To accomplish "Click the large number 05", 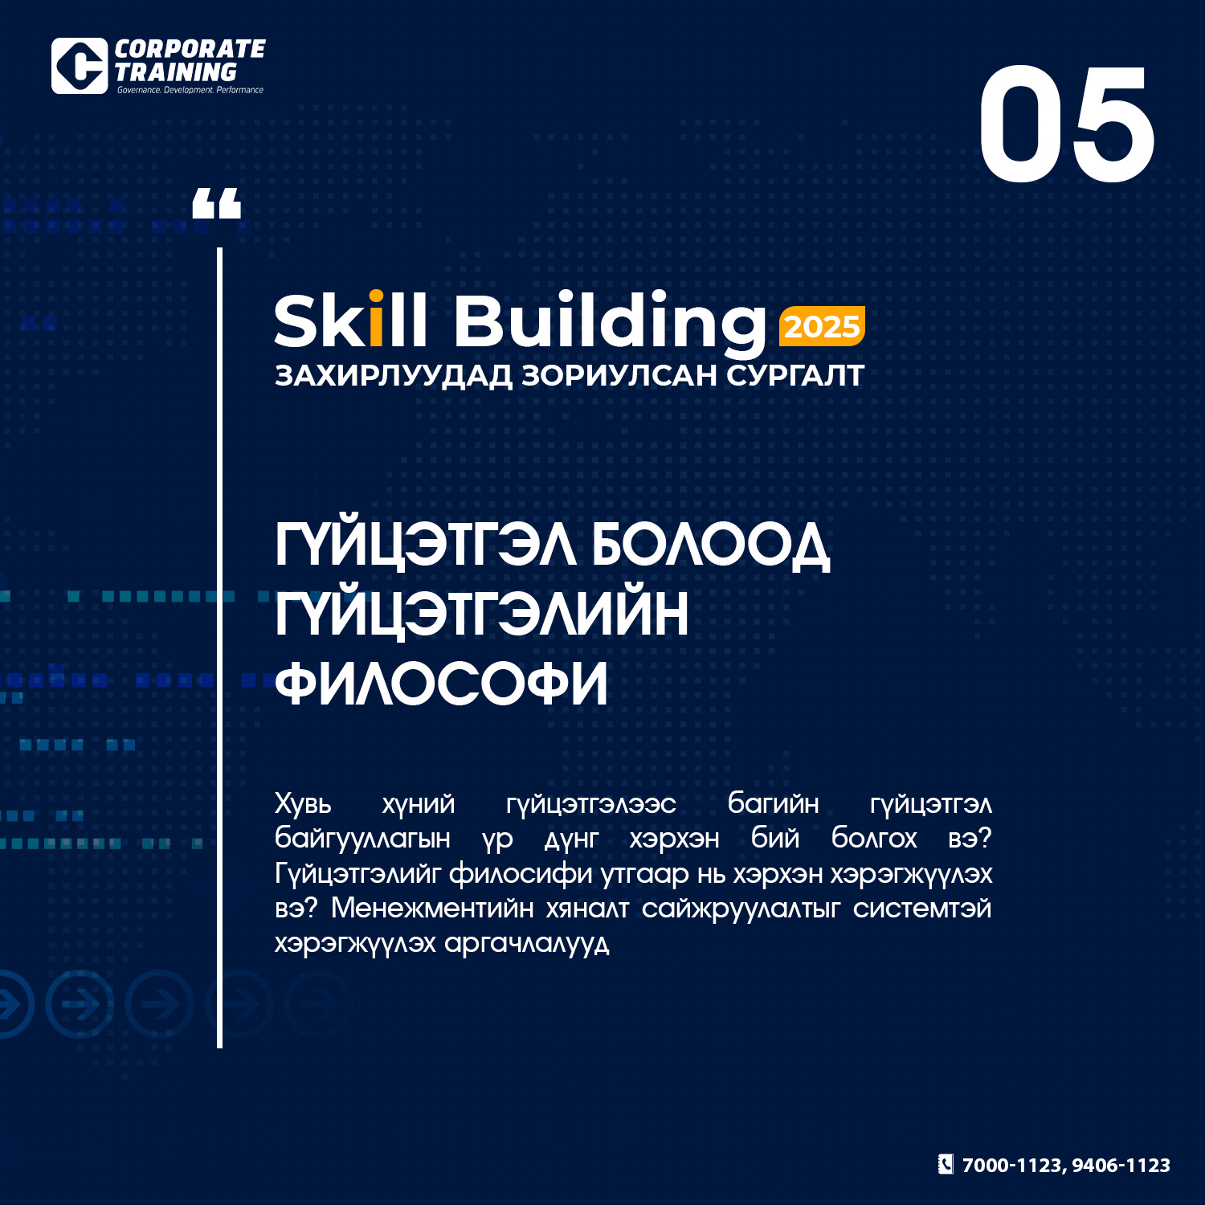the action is coord(1067,125).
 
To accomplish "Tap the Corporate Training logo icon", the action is coord(80,66).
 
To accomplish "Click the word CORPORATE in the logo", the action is coord(190,49).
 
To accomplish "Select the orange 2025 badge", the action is coord(822,326).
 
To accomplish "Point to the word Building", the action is coord(611,325).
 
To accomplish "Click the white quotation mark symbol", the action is coord(217,203).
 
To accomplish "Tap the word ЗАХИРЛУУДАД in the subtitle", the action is coord(394,376).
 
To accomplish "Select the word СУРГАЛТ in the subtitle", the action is coord(795,375).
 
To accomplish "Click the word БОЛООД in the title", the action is coord(711,546).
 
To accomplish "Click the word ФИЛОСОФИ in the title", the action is coord(441,683).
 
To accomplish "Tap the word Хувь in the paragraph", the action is coord(303,803).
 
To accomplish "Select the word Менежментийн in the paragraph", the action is coord(433,908).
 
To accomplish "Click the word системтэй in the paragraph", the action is coord(922,909).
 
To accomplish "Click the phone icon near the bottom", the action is coord(946,1164).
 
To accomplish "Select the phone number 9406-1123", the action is coord(1121,1166).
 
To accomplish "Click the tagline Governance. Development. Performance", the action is coord(190,90).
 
